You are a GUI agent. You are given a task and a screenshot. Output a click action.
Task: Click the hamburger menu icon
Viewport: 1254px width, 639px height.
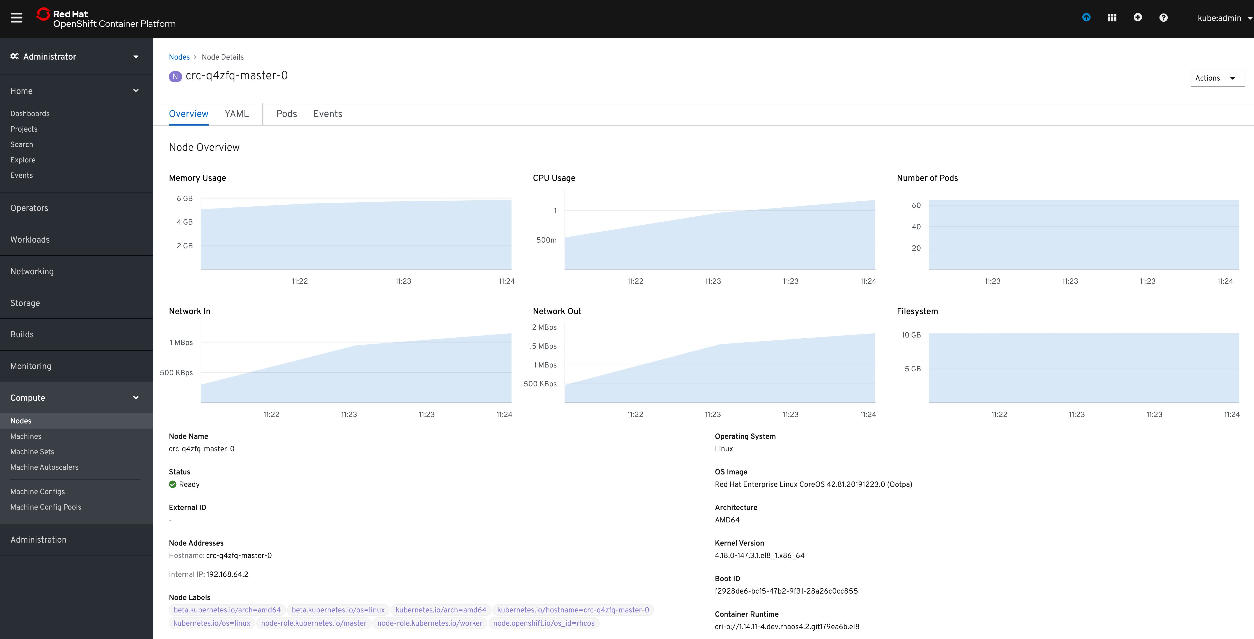16,18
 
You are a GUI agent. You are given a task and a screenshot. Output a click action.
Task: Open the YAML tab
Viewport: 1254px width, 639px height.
237,114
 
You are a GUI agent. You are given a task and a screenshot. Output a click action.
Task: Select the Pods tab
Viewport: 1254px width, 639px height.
286,114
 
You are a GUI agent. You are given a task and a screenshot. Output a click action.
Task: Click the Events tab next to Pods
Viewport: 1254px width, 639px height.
328,114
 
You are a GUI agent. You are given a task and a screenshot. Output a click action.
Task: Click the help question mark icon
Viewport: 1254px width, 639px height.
1163,18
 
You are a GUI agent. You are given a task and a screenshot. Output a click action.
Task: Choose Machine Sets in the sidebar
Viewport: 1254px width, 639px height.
32,452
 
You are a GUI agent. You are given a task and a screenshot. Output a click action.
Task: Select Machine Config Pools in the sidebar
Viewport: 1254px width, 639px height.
46,507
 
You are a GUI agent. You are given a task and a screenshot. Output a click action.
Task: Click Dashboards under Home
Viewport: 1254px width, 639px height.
30,113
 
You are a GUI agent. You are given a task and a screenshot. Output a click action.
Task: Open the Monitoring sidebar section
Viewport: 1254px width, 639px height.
31,366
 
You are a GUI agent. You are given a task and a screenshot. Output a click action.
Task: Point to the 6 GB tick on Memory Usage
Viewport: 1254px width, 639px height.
184,199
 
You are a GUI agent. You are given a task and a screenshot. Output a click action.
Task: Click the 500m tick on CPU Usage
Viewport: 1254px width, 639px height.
546,240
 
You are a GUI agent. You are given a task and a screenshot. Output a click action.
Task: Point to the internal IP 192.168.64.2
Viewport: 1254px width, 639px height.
227,574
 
